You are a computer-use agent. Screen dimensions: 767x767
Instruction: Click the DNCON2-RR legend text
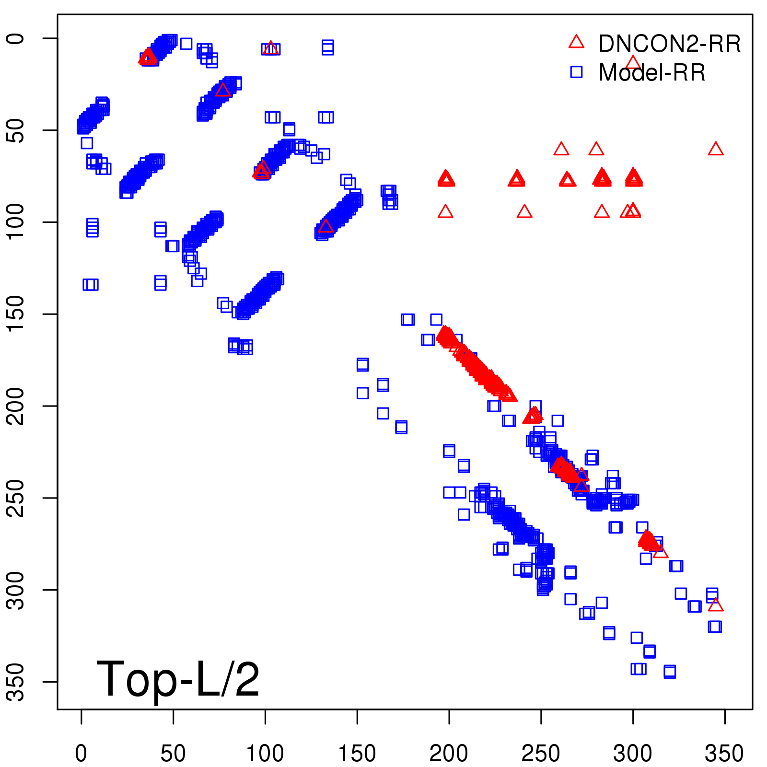pyautogui.click(x=669, y=44)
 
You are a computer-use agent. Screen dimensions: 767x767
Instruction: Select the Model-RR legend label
pyautogui.click(x=652, y=72)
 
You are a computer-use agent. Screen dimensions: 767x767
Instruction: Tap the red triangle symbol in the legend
pyautogui.click(x=576, y=42)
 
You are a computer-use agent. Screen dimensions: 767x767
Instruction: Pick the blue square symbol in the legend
pyautogui.click(x=576, y=72)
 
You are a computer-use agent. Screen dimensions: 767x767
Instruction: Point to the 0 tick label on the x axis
pyautogui.click(x=81, y=753)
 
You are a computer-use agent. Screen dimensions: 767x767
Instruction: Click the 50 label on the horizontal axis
pyautogui.click(x=173, y=753)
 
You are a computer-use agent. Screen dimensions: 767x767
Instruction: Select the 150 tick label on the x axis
pyautogui.click(x=357, y=753)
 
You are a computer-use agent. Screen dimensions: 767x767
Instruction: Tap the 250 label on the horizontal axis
pyautogui.click(x=541, y=753)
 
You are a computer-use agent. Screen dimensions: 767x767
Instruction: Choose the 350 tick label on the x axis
pyautogui.click(x=724, y=753)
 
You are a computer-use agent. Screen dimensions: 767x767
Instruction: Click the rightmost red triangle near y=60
pyautogui.click(x=715, y=149)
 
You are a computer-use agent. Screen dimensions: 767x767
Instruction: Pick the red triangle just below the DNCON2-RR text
pyautogui.click(x=633, y=62)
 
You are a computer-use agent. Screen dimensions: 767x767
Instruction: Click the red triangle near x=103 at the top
pyautogui.click(x=271, y=48)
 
